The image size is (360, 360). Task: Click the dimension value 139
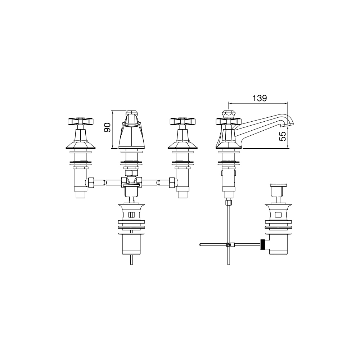[260, 98]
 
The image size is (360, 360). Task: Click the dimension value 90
[107, 127]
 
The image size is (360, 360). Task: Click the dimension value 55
[283, 136]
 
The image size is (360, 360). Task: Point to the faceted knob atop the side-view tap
[228, 114]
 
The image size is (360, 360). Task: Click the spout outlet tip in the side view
[290, 125]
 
